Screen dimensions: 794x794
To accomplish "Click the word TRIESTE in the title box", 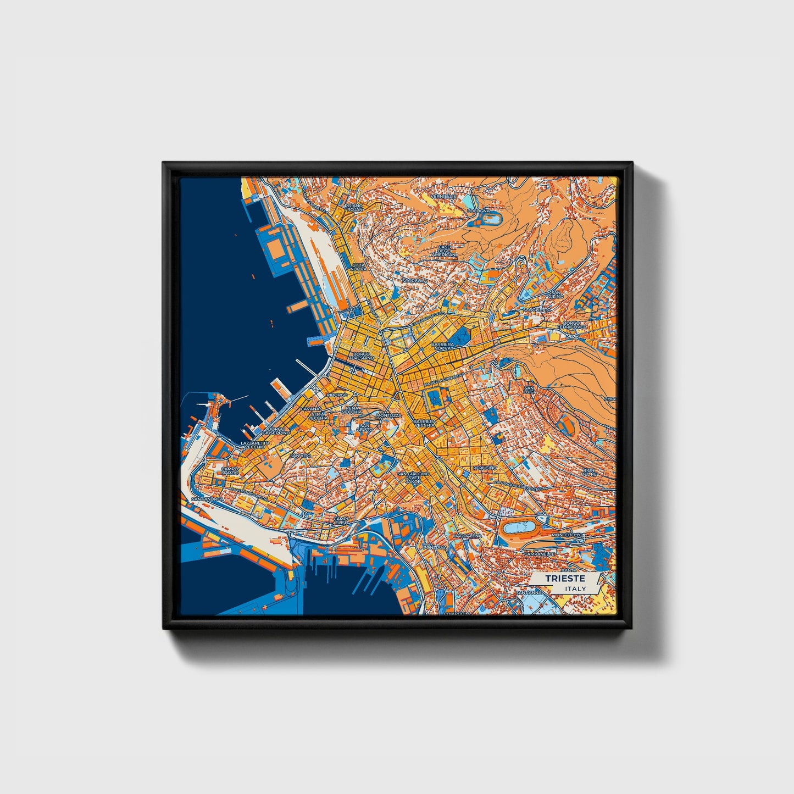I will (565, 579).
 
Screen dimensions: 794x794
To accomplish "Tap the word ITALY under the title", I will (575, 588).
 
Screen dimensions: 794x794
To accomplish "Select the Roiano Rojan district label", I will (354, 208).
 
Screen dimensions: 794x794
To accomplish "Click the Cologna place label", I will (477, 211).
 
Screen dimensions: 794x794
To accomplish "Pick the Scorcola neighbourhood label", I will (415, 281).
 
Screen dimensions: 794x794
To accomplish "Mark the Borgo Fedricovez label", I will (571, 325).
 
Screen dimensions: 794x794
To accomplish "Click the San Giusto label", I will (363, 426).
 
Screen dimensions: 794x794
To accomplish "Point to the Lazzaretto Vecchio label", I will (255, 445).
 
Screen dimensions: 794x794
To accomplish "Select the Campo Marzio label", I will (230, 471).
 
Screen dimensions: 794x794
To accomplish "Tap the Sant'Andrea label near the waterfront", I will (207, 499).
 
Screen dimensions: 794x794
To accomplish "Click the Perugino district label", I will (485, 468).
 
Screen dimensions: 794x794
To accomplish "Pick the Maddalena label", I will (468, 535).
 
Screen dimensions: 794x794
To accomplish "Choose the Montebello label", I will (567, 535).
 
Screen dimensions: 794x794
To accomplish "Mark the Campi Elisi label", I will (341, 519).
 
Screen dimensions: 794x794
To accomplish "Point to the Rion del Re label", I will (588, 473).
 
